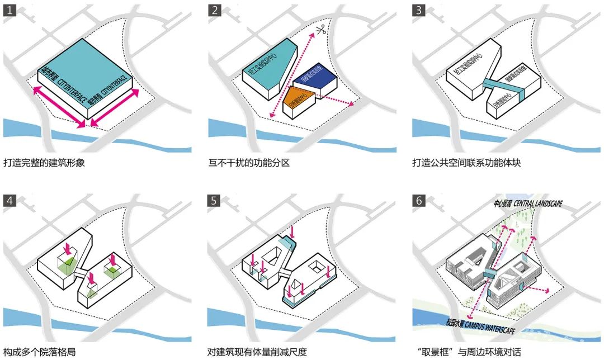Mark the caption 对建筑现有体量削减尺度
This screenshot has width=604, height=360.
click(257, 352)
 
